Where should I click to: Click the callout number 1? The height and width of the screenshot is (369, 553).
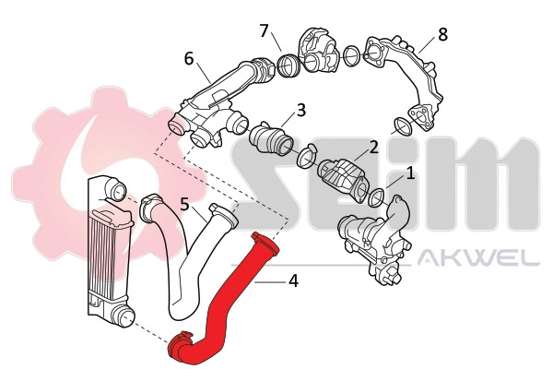[410, 173]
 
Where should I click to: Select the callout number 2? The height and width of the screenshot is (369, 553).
[373, 147]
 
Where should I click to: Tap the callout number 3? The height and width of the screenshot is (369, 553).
[301, 113]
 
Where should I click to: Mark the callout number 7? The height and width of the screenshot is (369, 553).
[265, 32]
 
